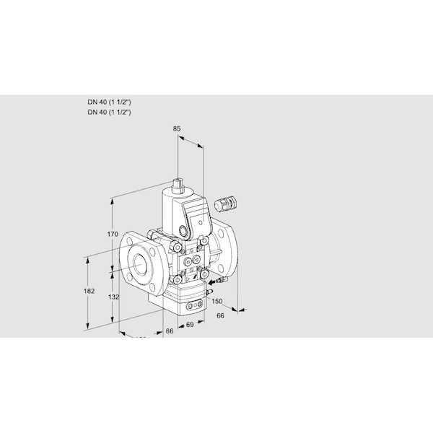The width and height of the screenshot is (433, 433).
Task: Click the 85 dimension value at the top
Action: (178, 129)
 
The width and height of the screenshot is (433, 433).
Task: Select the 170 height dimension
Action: (110, 234)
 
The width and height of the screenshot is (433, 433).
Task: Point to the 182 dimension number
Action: (89, 291)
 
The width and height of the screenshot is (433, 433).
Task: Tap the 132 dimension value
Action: (112, 297)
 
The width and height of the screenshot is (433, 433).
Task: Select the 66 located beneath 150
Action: (222, 315)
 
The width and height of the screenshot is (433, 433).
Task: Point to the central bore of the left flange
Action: (139, 261)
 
